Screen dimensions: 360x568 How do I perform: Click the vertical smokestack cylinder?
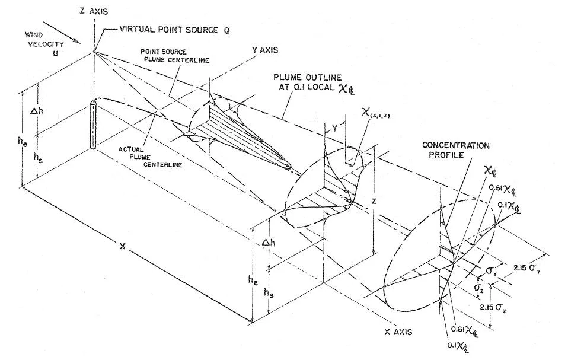point(93,125)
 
